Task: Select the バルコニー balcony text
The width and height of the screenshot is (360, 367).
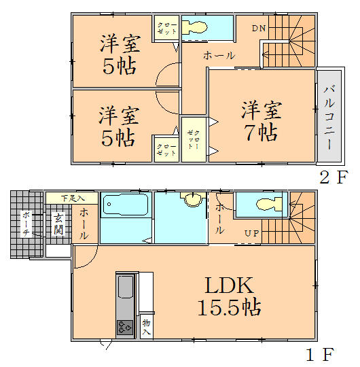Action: tap(328, 117)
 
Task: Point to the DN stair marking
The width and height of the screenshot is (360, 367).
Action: tap(258, 28)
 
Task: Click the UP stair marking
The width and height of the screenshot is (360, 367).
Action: tap(251, 234)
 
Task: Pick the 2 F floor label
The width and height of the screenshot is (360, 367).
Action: tap(334, 177)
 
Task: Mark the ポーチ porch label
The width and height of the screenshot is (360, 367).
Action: tap(26, 223)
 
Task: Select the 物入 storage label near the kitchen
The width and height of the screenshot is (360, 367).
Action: tap(146, 326)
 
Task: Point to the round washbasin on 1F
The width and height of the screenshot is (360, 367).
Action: tap(194, 199)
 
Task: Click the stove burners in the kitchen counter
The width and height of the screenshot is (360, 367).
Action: tap(126, 327)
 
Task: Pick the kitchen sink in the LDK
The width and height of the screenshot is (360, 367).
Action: tap(126, 289)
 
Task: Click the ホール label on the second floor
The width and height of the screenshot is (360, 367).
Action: tap(219, 56)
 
